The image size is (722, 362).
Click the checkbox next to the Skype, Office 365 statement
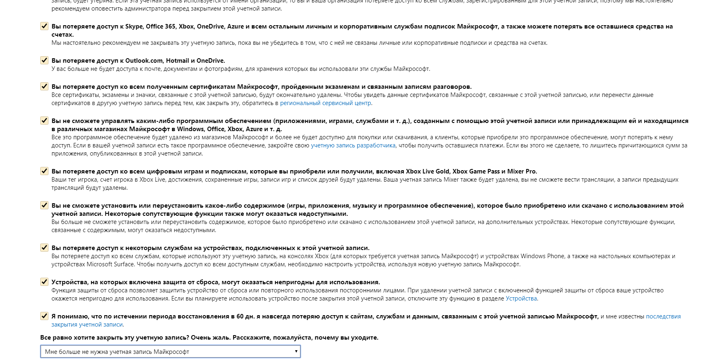pos(44,26)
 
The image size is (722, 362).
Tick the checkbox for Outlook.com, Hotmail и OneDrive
pos(44,61)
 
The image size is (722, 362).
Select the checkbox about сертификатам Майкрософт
pos(44,87)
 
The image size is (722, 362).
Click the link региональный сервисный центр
pos(326,103)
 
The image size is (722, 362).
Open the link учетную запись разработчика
pos(353,145)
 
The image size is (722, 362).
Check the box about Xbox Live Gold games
pos(44,171)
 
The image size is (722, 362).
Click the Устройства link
pos(521,298)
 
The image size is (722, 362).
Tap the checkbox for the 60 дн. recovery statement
pos(44,316)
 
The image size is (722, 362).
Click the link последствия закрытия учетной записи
pos(663,316)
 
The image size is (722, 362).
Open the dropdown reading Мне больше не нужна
pos(170,351)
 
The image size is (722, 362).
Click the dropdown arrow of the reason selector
pos(296,351)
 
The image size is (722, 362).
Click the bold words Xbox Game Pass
pos(476,171)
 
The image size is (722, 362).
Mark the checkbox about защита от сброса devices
pos(44,282)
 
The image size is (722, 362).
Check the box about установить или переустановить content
pos(44,206)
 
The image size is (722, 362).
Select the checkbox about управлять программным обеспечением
pos(44,121)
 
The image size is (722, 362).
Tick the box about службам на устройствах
pos(44,248)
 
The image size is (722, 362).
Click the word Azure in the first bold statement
pos(235,26)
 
